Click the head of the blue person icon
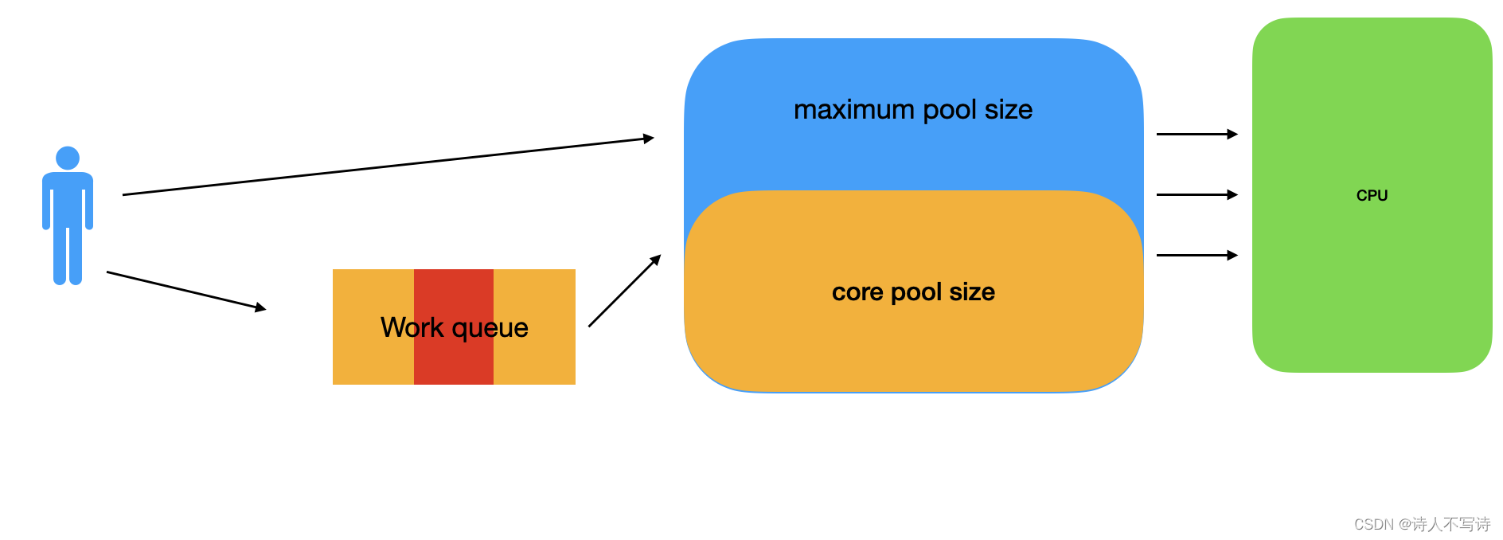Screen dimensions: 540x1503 click(68, 158)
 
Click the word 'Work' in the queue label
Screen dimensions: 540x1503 click(412, 327)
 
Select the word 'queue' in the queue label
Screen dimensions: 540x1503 click(490, 328)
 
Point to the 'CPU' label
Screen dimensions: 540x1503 click(1372, 195)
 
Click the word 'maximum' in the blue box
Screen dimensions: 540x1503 click(853, 110)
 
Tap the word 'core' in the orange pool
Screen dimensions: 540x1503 click(858, 292)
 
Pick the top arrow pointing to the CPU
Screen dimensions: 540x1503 click(1197, 135)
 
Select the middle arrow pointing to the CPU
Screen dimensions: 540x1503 click(1197, 194)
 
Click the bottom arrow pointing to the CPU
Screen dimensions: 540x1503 click(1197, 255)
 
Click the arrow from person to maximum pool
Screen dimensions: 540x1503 click(388, 166)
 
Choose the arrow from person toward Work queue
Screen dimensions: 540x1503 click(185, 291)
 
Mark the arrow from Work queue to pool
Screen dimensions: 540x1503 click(625, 291)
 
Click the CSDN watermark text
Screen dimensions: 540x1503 click(1422, 524)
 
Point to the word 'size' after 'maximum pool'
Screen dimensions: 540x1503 click(1009, 110)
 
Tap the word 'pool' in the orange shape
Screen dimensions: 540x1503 click(916, 292)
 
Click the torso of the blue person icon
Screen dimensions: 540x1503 click(68, 199)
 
